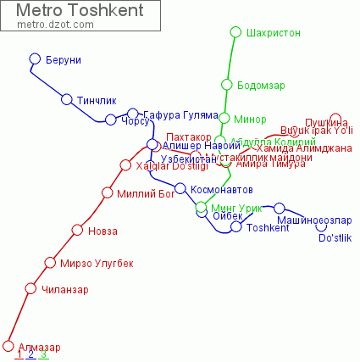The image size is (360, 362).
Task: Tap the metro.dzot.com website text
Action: [x=50, y=25]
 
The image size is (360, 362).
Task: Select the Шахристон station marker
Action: [x=236, y=33]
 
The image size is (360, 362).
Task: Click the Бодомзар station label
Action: [x=261, y=86]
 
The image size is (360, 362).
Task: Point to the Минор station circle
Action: [x=224, y=119]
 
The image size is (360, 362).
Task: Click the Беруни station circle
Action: [x=36, y=59]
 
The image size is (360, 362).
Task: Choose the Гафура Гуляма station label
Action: [x=174, y=114]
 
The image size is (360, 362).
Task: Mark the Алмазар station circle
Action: [x=9, y=346]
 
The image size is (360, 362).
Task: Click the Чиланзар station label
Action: [x=64, y=290]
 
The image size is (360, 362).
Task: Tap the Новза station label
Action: [x=104, y=231]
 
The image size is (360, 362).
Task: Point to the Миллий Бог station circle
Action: [x=108, y=193]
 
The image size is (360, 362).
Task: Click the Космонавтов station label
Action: [x=222, y=189]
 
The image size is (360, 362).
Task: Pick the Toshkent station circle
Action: [x=236, y=227]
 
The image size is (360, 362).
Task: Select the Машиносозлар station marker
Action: [x=280, y=209]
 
